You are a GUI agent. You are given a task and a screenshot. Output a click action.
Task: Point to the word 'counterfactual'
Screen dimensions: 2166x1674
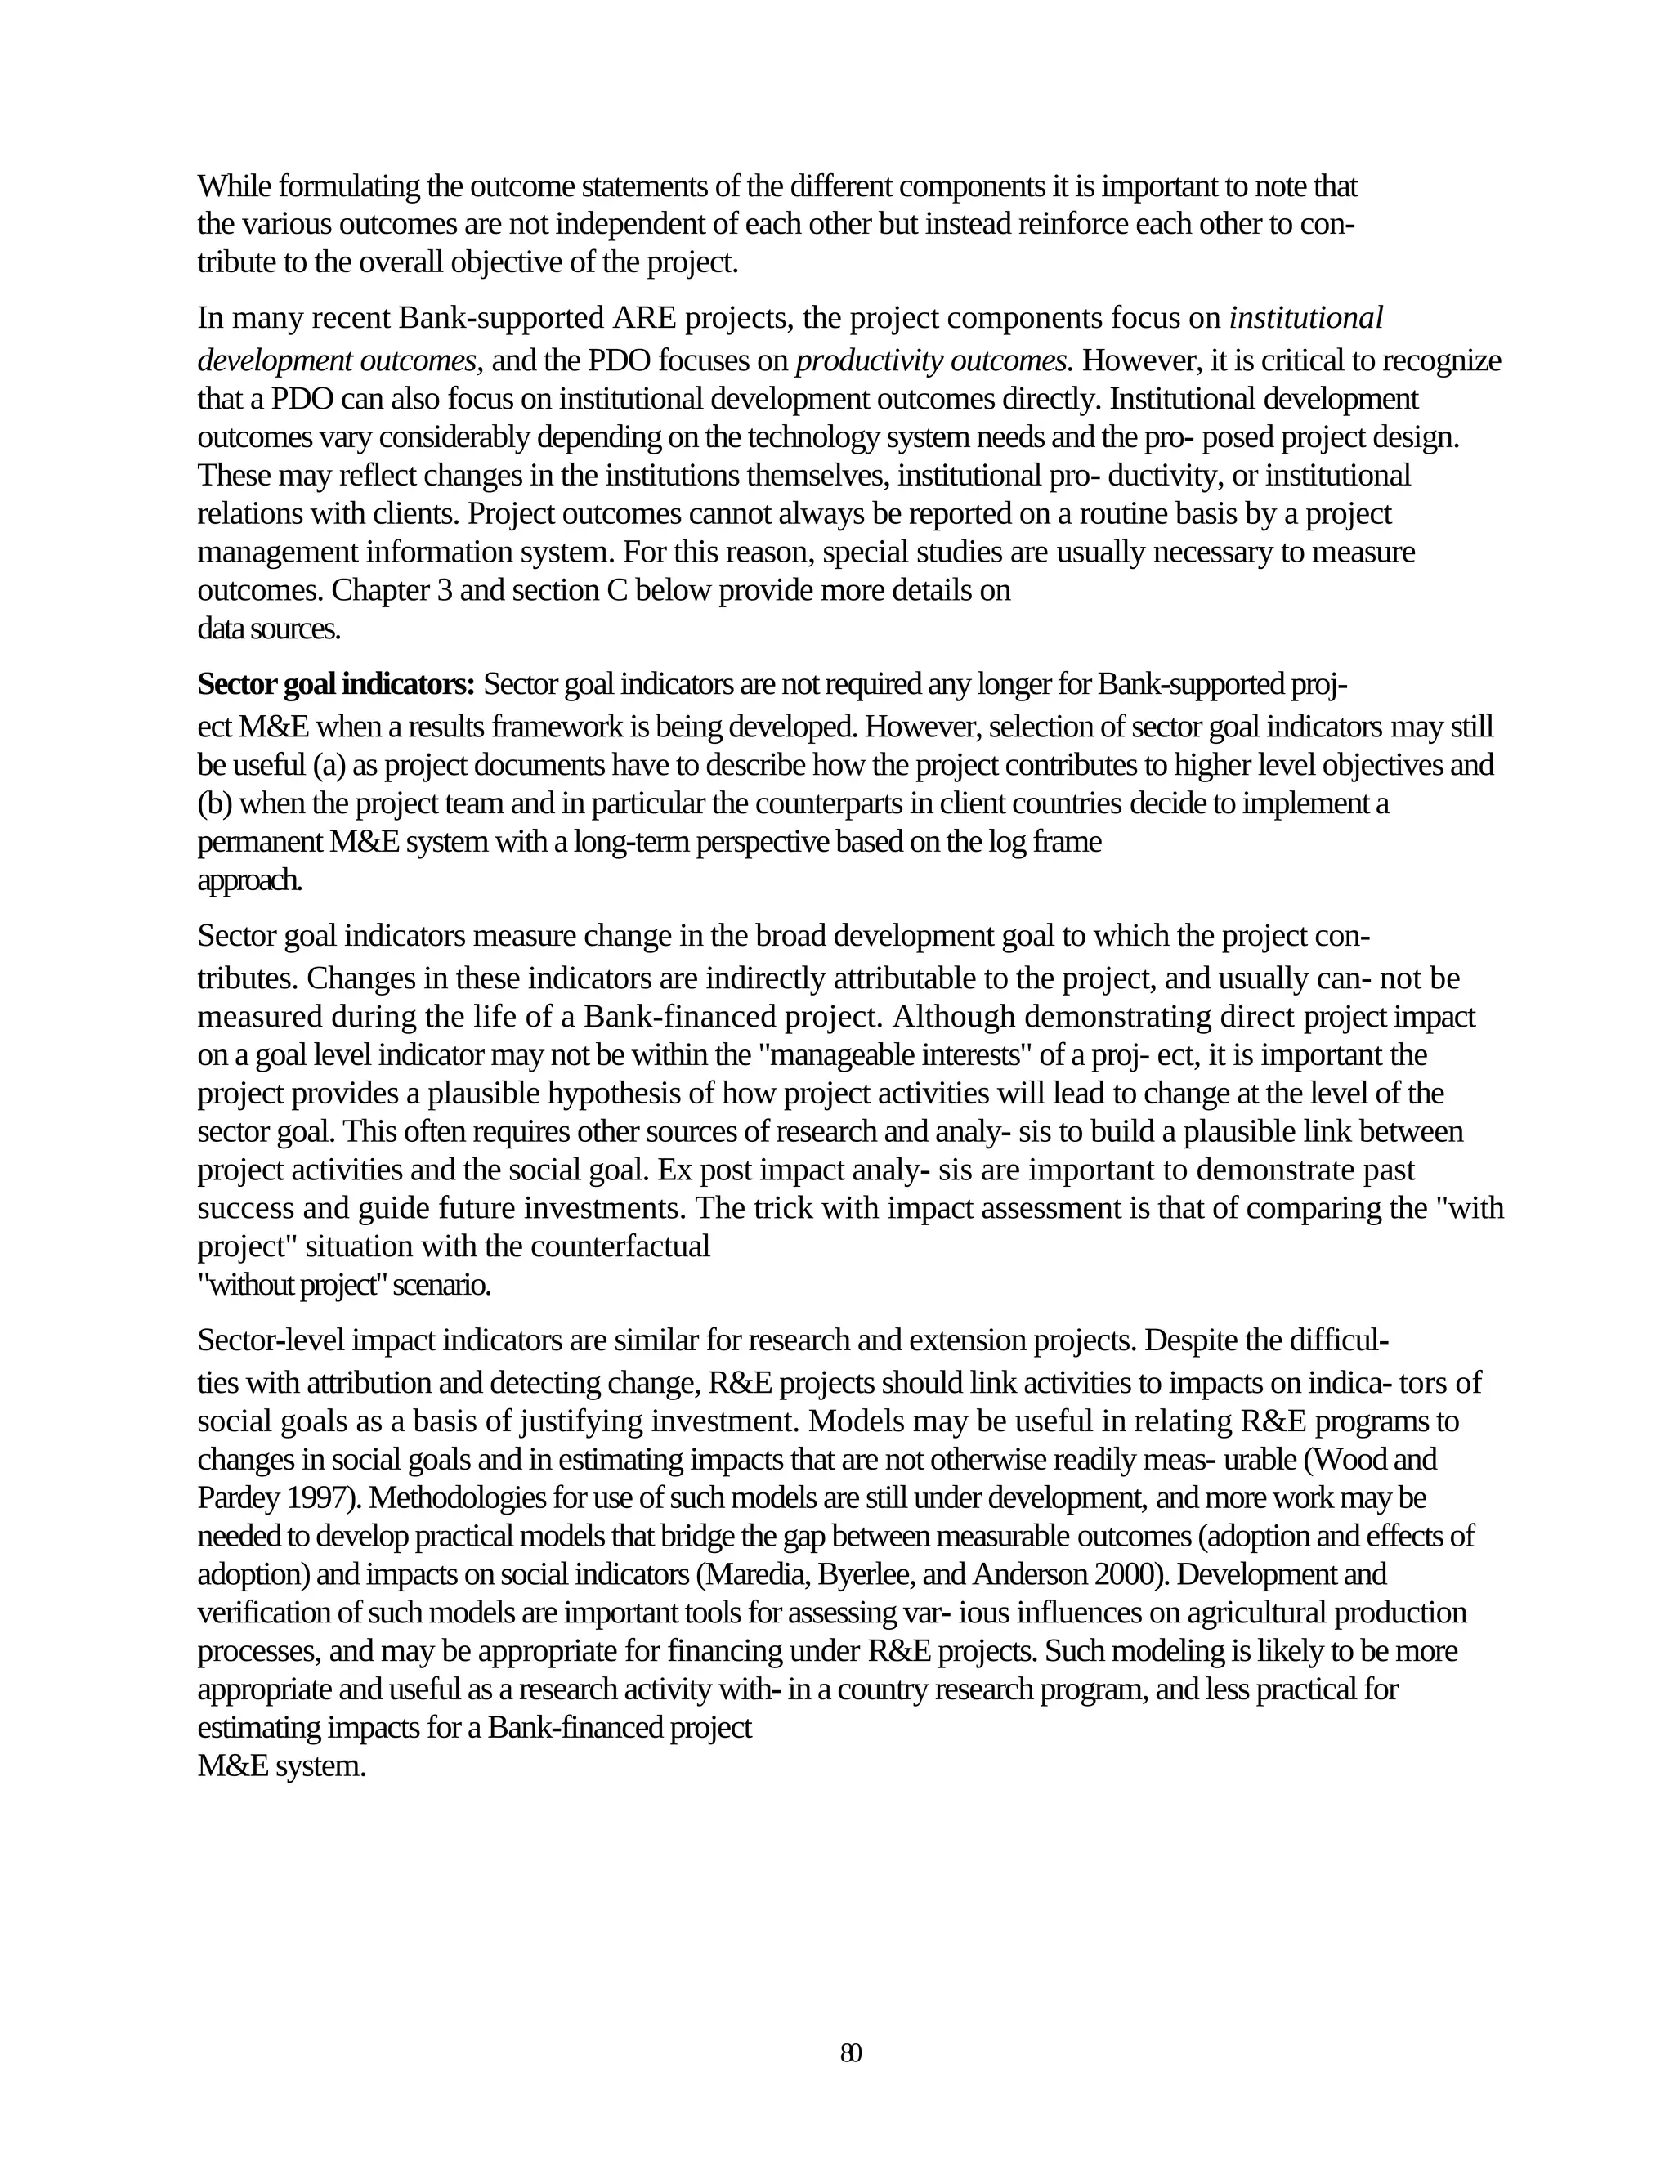point(620,1246)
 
